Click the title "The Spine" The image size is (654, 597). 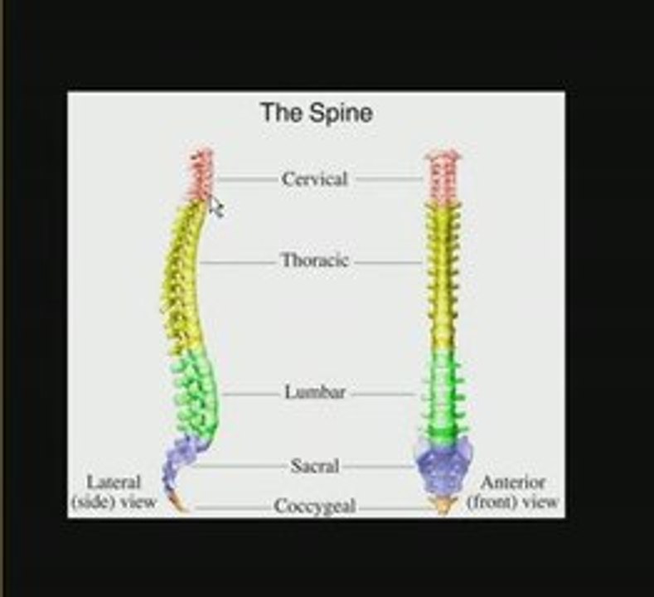pos(316,113)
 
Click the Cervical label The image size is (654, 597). pos(314,179)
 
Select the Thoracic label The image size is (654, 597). pos(315,260)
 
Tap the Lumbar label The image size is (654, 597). pos(315,392)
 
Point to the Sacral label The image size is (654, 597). pos(315,466)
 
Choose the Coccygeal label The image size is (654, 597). pos(315,507)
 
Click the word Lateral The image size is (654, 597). pos(114,483)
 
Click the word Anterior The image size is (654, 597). pos(513,483)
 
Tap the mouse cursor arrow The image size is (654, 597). pos(216,207)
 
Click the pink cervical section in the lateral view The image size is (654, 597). pos(201,175)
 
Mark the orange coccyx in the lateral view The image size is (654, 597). pos(177,502)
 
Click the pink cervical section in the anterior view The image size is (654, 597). pos(443,177)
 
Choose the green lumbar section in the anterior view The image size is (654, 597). pos(443,394)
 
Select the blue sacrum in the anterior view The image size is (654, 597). pos(443,465)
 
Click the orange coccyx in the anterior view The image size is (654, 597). pos(443,504)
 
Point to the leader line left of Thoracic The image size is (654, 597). pos(238,263)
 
